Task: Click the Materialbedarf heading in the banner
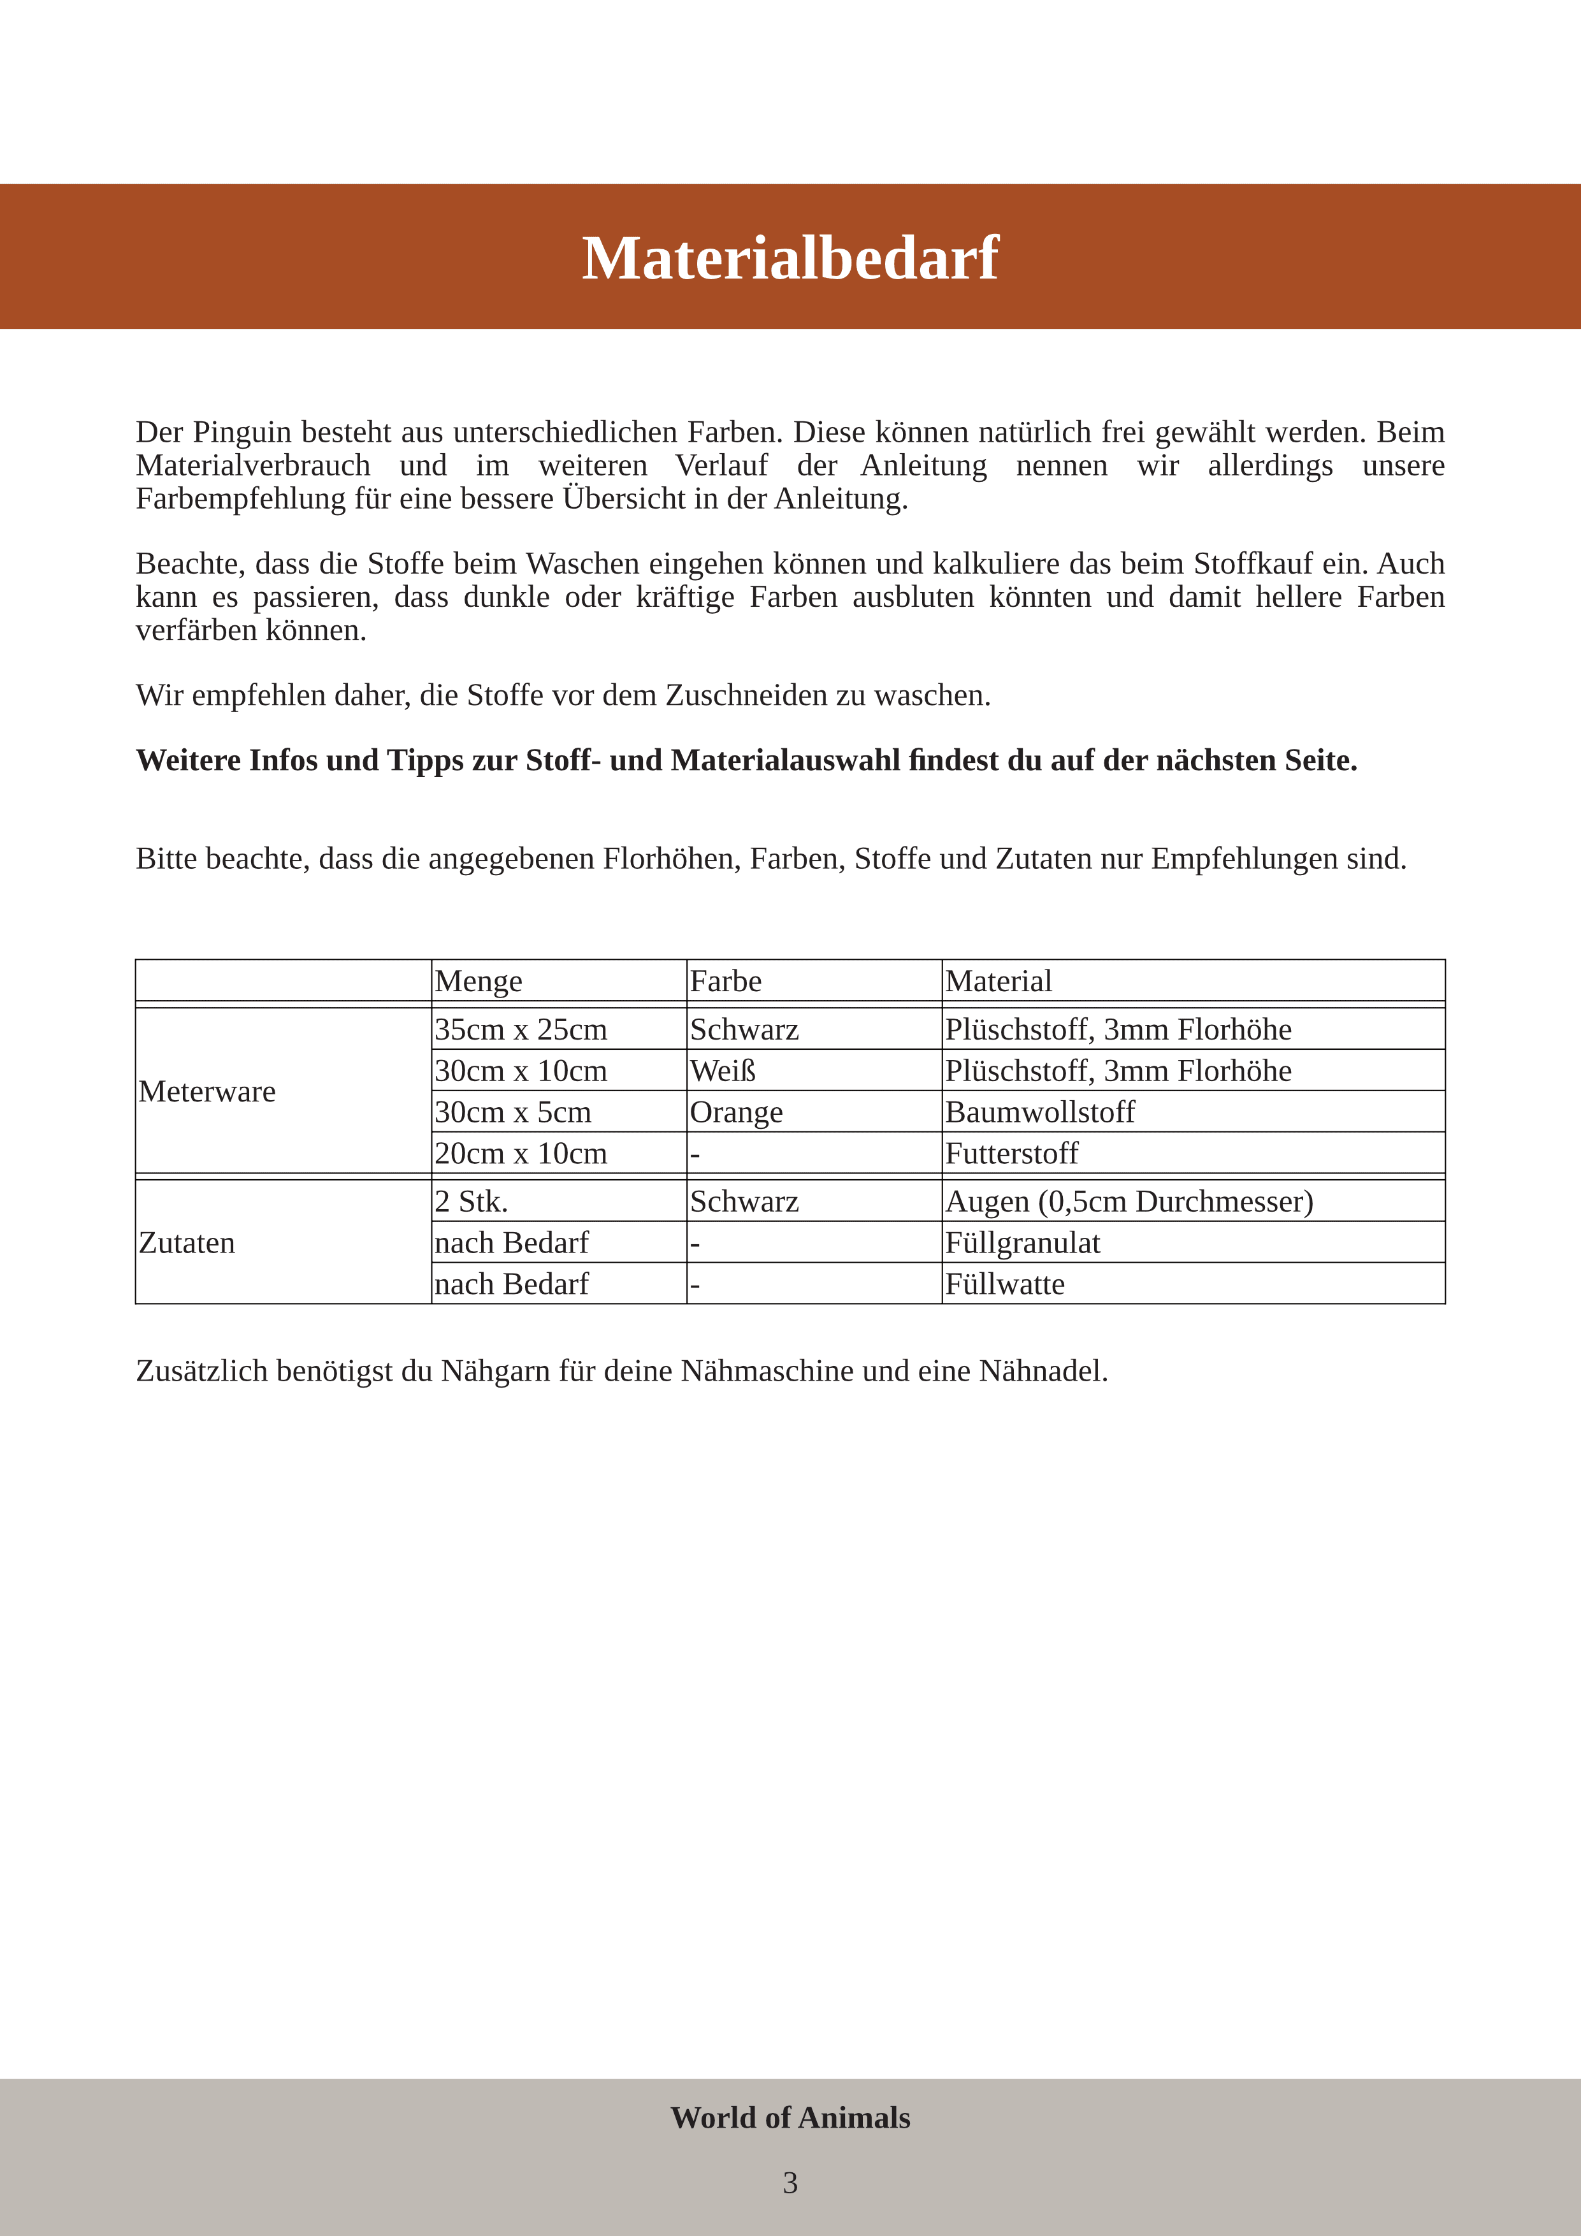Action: click(790, 258)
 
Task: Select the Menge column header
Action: click(478, 981)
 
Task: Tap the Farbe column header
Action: click(725, 981)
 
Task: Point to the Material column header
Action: click(998, 981)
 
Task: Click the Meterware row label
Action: click(206, 1092)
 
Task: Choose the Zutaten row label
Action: click(187, 1243)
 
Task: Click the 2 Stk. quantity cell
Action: click(471, 1201)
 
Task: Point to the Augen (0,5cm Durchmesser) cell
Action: click(1129, 1201)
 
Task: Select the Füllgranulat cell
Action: click(1022, 1244)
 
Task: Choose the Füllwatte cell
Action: click(1005, 1284)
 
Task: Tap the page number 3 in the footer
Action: click(790, 2182)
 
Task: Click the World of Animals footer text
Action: click(790, 2117)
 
